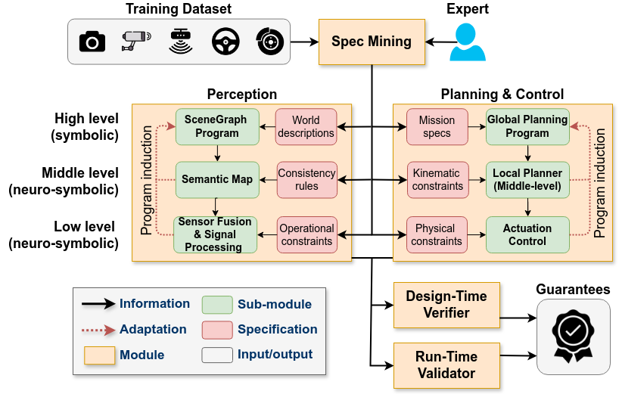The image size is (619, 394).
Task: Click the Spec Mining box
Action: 372,42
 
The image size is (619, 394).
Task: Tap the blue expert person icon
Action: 468,42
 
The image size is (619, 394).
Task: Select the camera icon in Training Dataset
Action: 92,42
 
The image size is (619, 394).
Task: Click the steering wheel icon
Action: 224,42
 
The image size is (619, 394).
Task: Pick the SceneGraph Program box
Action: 216,126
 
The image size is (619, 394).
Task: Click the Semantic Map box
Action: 216,180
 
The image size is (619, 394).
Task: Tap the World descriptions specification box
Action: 306,126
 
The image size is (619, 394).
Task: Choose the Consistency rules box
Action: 306,180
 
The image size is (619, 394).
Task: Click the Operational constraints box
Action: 306,234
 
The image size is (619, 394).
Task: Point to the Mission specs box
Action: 437,126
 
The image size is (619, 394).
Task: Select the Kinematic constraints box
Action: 437,180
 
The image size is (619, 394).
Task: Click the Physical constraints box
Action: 436,234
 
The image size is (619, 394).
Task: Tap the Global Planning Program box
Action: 528,126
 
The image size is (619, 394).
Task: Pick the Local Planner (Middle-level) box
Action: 528,180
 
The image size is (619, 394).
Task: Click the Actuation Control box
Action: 528,234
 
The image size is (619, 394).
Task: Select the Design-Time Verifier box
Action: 447,304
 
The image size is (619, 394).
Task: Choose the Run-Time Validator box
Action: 446,365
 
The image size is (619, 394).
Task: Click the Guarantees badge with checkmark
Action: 573,336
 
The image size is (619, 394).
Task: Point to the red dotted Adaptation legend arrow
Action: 98,330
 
